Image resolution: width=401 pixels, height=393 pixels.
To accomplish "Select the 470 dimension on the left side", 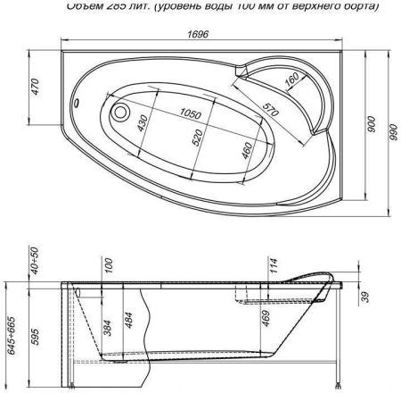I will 35,89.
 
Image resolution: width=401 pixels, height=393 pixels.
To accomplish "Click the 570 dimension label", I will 267,110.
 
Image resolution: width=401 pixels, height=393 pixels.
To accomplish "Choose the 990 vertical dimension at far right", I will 393,131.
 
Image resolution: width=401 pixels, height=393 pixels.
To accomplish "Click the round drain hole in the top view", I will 120,113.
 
